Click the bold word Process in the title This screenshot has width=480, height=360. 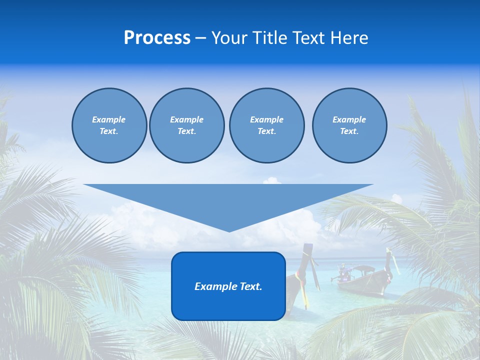click(157, 38)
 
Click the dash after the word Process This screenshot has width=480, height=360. click(200, 38)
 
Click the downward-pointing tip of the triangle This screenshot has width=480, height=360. click(229, 230)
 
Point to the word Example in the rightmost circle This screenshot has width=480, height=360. click(349, 119)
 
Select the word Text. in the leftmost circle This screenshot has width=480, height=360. click(109, 131)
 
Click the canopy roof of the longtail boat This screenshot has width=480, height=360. click(363, 269)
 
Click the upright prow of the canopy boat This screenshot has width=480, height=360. click(388, 260)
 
